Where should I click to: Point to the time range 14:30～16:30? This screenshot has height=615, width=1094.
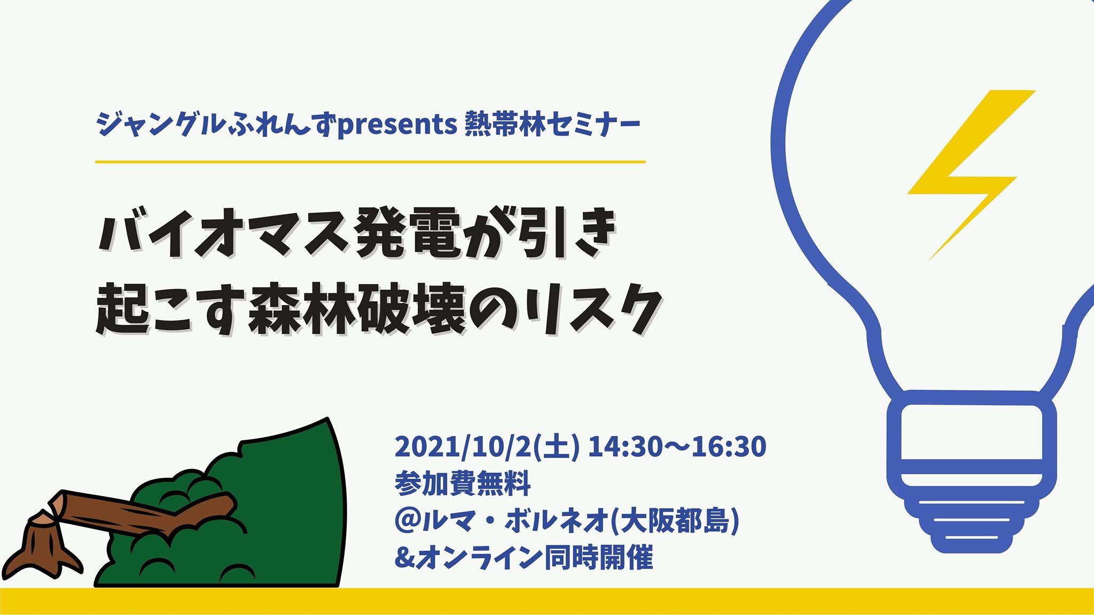pos(677,447)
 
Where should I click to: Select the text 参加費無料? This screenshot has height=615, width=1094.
pos(463,483)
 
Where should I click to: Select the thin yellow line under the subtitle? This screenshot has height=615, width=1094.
pos(370,161)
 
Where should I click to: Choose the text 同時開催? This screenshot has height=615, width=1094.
pos(598,558)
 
